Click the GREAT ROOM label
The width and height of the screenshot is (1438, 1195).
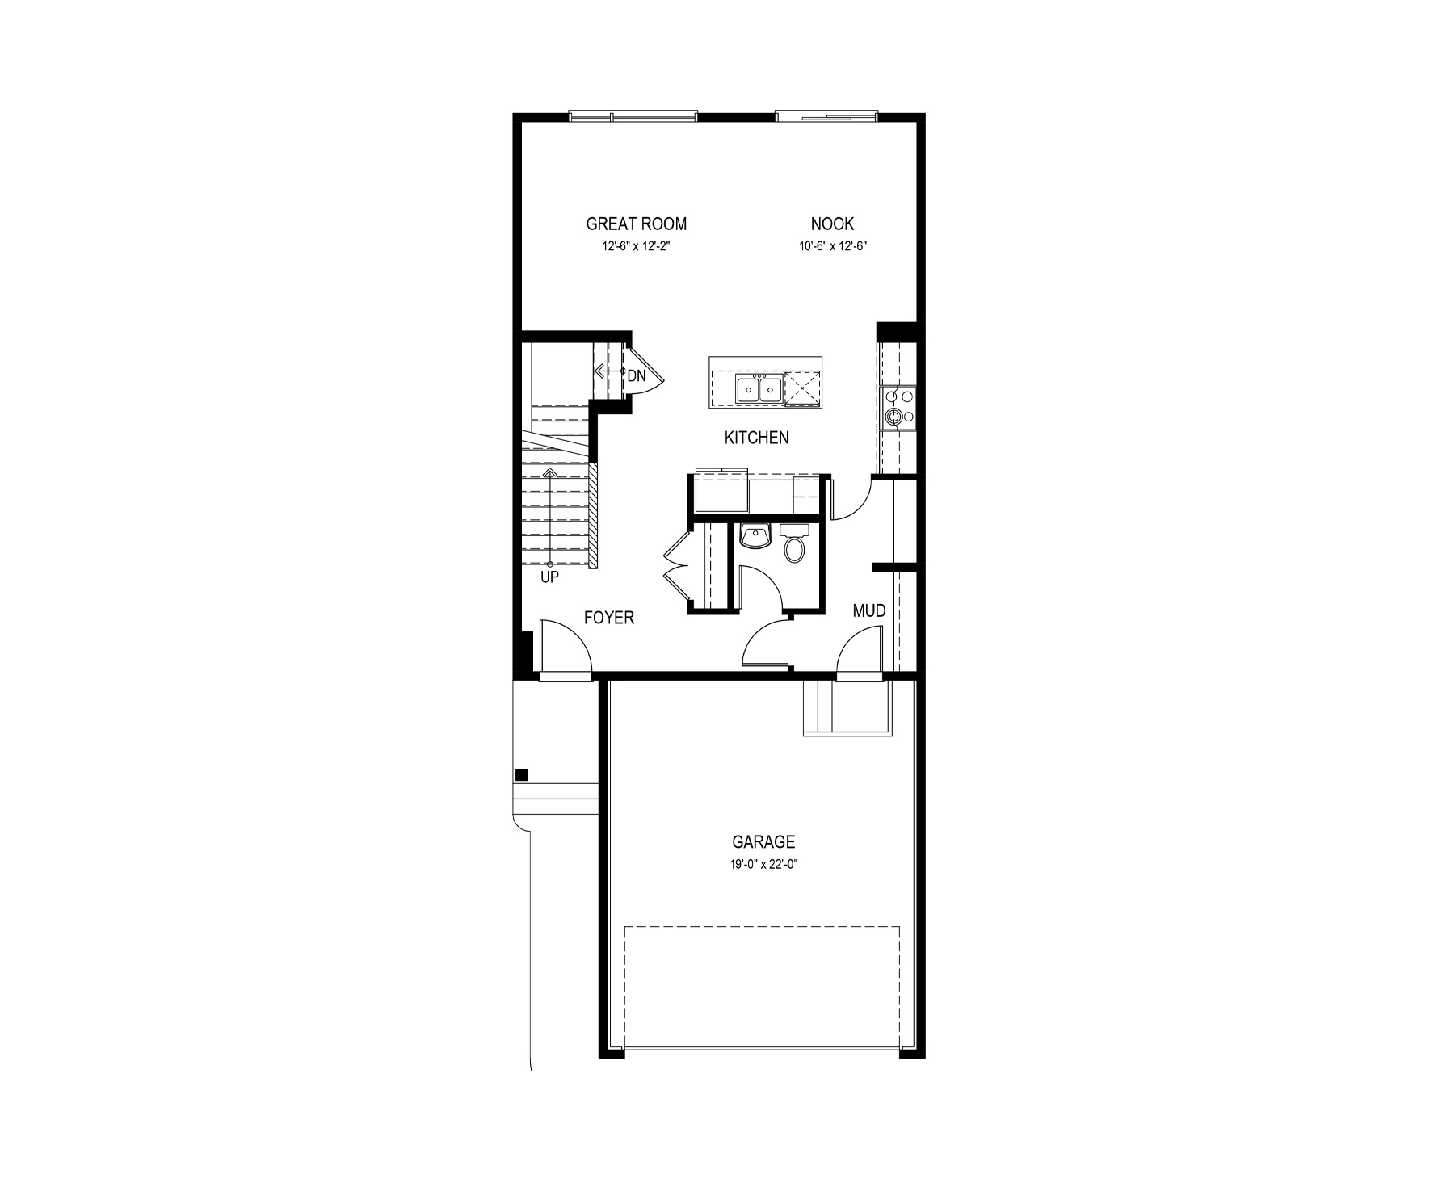click(637, 224)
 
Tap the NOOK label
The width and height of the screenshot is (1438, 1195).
click(832, 224)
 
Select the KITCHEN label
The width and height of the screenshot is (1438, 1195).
click(756, 438)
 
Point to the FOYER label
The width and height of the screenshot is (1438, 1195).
click(609, 618)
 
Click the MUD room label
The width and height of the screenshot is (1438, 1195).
click(869, 610)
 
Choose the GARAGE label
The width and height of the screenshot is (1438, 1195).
click(763, 842)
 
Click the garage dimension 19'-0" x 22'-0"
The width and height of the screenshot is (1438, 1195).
click(763, 864)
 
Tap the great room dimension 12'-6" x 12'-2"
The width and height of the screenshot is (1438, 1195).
click(637, 245)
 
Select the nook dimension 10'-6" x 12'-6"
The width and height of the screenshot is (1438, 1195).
click(832, 245)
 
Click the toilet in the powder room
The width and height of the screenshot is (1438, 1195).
click(795, 545)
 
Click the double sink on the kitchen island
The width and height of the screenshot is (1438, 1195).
click(759, 391)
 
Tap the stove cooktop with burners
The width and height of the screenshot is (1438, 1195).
click(898, 407)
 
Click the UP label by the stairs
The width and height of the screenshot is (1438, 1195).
click(549, 577)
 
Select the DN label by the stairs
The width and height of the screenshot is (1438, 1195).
click(637, 375)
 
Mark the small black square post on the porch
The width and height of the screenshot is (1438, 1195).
click(522, 774)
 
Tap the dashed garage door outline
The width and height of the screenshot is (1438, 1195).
click(762, 927)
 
